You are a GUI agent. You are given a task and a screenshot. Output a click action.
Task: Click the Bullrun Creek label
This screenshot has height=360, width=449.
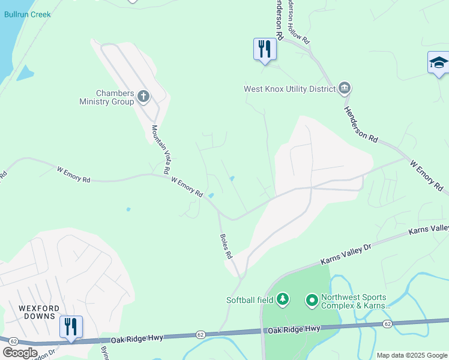pos(27,14)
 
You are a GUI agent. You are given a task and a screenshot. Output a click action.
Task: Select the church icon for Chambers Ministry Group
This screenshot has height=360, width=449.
pos(143,95)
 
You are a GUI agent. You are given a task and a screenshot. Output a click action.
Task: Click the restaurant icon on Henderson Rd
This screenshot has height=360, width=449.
pos(264,49)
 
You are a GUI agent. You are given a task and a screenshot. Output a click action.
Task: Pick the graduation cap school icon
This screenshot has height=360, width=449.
pos(438,62)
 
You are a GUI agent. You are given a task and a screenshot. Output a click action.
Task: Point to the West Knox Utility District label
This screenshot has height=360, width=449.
pos(289,89)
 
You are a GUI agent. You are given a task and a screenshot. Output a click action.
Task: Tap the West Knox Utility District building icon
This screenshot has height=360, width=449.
pos(344,89)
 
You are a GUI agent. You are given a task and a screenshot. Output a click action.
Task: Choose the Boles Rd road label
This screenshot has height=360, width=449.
pos(226,246)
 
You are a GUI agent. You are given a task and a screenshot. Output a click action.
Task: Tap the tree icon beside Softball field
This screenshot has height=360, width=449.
pos(283,299)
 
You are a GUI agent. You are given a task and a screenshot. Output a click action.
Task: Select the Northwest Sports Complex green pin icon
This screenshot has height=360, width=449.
pos(312,299)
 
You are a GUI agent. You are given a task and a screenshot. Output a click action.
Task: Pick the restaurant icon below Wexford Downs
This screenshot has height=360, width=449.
pos(71,326)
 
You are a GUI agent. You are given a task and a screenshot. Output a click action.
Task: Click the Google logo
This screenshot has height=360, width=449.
pos(20,353)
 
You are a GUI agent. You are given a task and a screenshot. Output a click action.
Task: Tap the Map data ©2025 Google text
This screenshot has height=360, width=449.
pos(411,355)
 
